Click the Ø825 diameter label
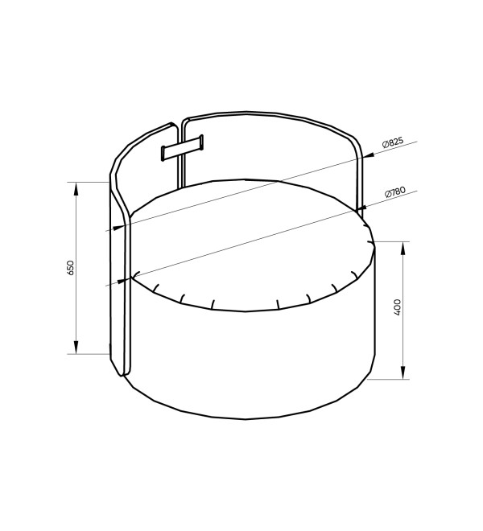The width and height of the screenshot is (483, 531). pos(393,142)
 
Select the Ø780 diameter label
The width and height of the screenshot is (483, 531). pos(395,192)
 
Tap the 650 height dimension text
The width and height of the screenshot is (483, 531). pos(71,268)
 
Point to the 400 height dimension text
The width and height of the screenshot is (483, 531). pos(398,307)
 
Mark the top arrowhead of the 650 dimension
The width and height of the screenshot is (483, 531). pos(76,188)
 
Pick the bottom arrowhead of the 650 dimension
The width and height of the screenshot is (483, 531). pos(76,348)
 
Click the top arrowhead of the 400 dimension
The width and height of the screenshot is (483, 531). pos(403,249)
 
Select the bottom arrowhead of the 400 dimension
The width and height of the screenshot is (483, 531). pos(403,373)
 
